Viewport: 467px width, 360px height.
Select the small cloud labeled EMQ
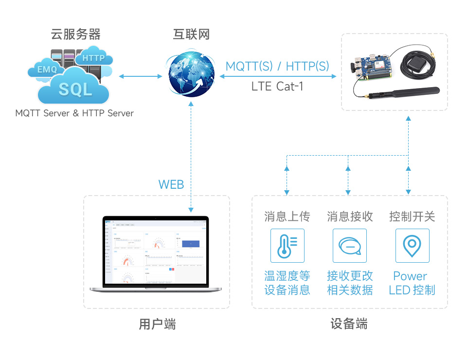pos(47,69)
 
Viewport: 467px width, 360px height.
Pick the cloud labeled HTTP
pos(94,57)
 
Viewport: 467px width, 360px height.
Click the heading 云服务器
pos(75,35)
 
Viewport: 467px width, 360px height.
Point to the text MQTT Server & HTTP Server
pos(74,113)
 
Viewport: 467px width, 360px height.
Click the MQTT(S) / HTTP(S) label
pos(277,66)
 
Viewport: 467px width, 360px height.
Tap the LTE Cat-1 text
pos(277,87)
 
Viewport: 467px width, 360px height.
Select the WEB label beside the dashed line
pos(171,184)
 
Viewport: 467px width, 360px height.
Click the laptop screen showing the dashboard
pos(156,251)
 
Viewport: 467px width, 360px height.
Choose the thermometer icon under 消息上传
pos(287,246)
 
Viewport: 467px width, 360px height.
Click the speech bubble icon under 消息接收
pos(349,246)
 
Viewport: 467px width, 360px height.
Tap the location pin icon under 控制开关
pos(412,246)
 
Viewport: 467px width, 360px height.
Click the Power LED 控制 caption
pos(412,283)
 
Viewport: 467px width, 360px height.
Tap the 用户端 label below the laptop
pos(157,324)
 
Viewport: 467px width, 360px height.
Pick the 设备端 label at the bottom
pos(349,324)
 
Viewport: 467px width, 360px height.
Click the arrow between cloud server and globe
pos(141,76)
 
